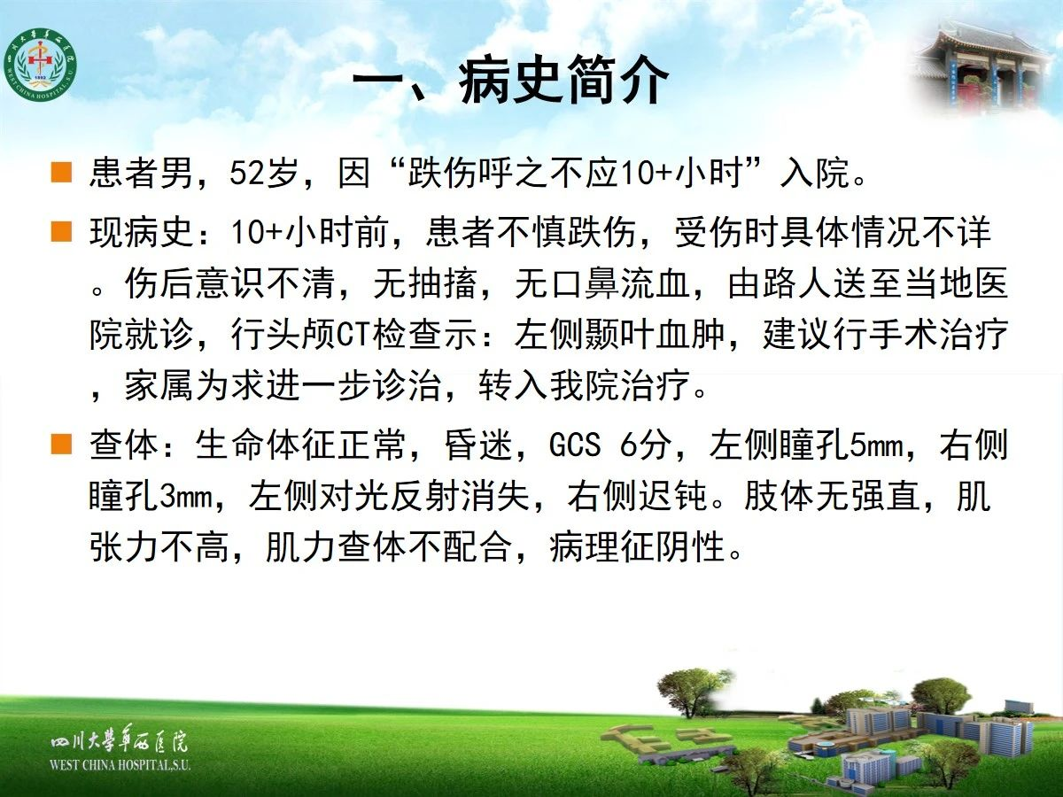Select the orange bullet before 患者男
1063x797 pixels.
click(61, 173)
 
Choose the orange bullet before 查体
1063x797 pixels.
click(61, 445)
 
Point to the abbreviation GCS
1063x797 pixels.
click(574, 445)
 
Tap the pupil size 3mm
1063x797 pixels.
click(186, 497)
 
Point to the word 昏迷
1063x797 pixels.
click(478, 445)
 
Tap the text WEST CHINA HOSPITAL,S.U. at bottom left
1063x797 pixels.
click(120, 765)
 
